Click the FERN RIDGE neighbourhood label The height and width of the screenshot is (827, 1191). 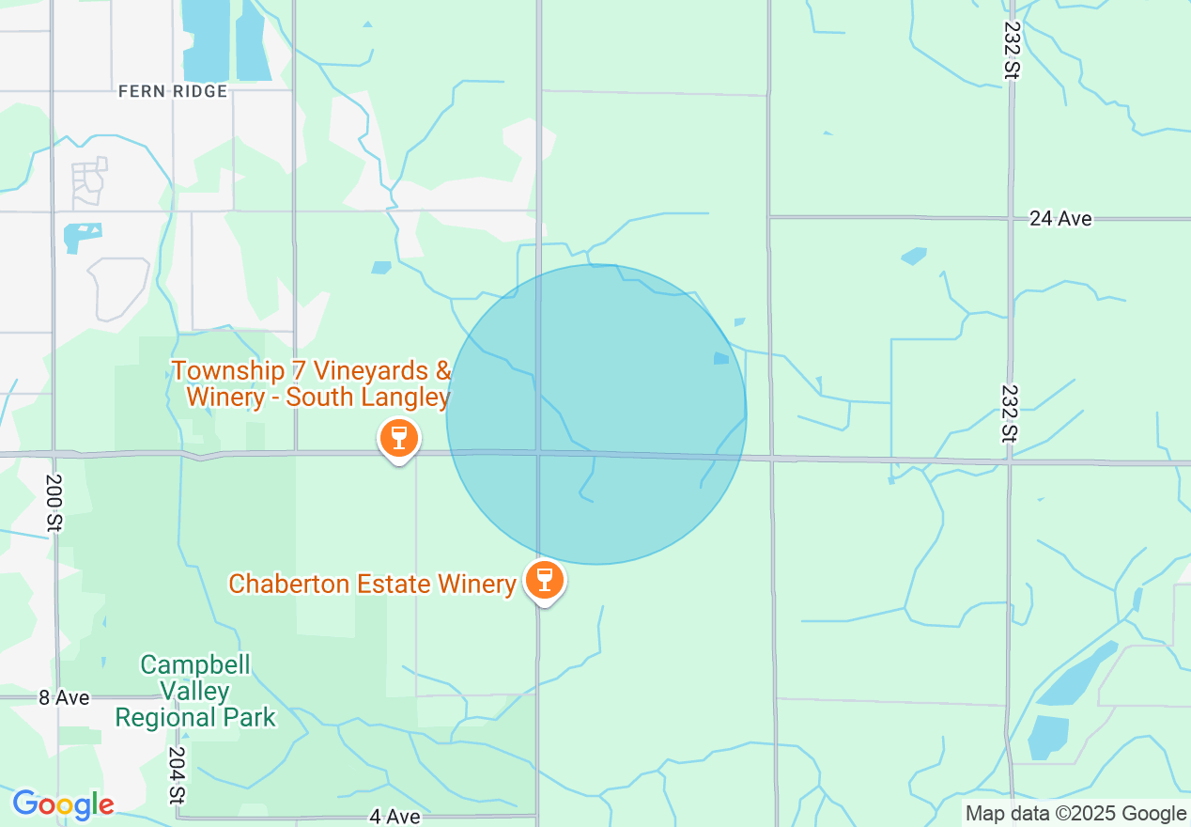[x=173, y=91]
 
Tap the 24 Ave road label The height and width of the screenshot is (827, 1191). [x=1060, y=219]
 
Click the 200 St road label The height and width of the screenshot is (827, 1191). [x=53, y=503]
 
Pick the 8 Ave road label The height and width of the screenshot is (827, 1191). [x=64, y=697]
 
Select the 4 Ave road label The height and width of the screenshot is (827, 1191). [x=394, y=817]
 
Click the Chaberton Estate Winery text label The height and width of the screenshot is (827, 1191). [x=373, y=585]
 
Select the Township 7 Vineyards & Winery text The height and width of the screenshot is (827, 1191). [x=311, y=383]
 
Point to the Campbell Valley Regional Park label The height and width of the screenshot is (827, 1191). [x=195, y=692]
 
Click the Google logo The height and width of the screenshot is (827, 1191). [x=63, y=804]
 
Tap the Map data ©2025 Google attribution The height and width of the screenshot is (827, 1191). [x=1075, y=814]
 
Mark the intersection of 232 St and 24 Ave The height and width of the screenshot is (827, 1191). [x=1011, y=219]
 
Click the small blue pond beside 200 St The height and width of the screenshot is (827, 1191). [x=82, y=235]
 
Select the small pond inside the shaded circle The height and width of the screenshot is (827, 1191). [x=720, y=358]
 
